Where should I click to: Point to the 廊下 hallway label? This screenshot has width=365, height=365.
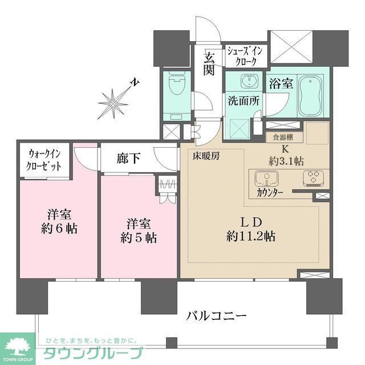(125, 159)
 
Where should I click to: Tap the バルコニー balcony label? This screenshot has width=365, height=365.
(216, 315)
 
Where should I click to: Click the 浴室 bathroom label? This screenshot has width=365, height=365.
(281, 83)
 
